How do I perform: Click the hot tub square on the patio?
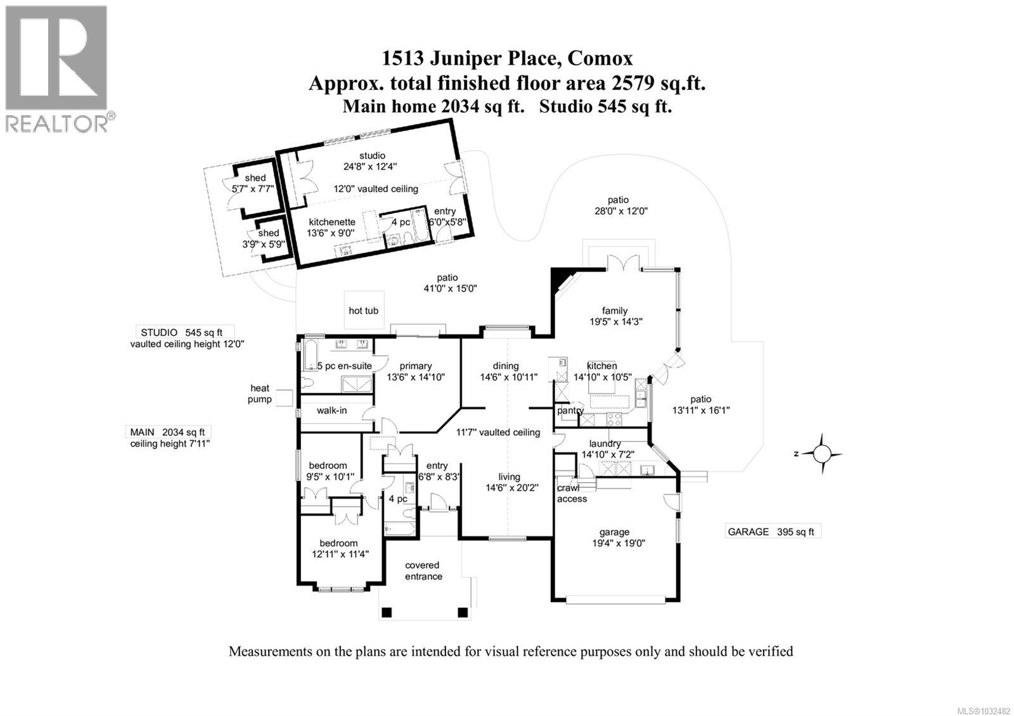tap(363, 310)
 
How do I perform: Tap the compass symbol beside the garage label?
tap(821, 454)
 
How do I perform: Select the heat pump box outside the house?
tap(284, 397)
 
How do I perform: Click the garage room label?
tap(614, 532)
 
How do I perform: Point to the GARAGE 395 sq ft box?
tap(773, 532)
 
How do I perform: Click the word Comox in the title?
tap(600, 59)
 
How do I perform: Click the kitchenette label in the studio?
tap(331, 222)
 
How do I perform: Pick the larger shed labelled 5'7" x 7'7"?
tap(255, 189)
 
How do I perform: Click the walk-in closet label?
tap(331, 411)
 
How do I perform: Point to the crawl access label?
tap(572, 494)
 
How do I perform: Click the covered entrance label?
tap(423, 571)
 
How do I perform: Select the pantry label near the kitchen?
tap(570, 411)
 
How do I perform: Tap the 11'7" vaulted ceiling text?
tap(498, 432)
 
